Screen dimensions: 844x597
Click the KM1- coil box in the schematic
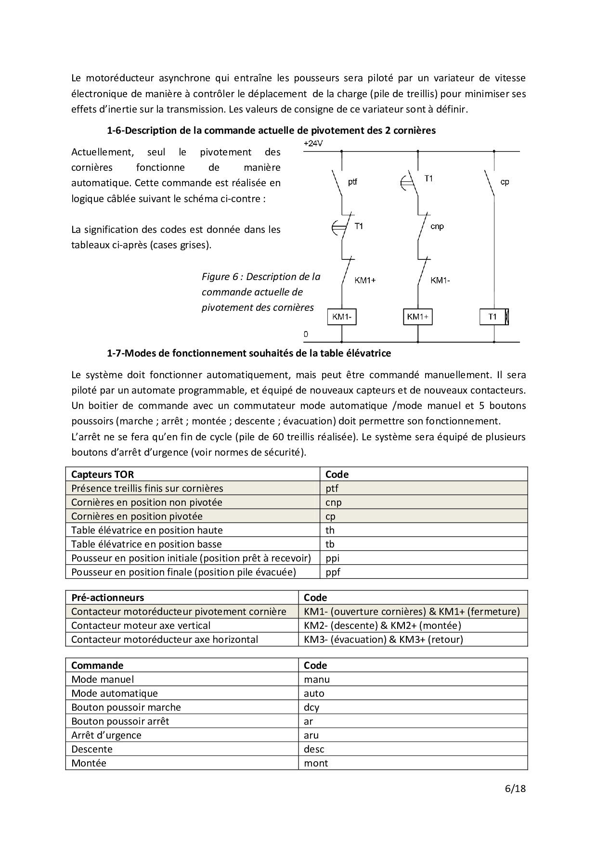click(341, 317)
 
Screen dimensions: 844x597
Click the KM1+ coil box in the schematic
click(417, 317)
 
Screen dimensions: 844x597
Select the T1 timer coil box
click(494, 317)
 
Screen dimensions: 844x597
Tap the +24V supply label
click(313, 143)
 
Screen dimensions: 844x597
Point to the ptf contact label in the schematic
click(352, 182)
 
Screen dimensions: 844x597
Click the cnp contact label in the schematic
click(437, 226)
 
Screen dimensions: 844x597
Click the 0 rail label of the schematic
click(306, 334)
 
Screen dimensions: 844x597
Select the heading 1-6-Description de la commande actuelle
click(271, 130)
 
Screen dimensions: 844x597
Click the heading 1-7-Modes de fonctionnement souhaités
click(248, 353)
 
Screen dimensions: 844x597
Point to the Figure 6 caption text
click(260, 292)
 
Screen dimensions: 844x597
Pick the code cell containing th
click(330, 530)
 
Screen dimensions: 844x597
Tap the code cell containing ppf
click(333, 572)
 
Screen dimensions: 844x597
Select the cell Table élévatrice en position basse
click(146, 544)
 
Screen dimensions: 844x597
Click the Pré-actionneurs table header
click(107, 598)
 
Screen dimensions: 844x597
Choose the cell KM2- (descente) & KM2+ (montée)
click(382, 626)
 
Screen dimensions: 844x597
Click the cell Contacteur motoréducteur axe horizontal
click(165, 639)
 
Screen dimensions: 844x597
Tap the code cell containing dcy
click(311, 707)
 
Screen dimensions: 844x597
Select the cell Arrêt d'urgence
click(106, 735)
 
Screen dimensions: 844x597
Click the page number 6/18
click(515, 789)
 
